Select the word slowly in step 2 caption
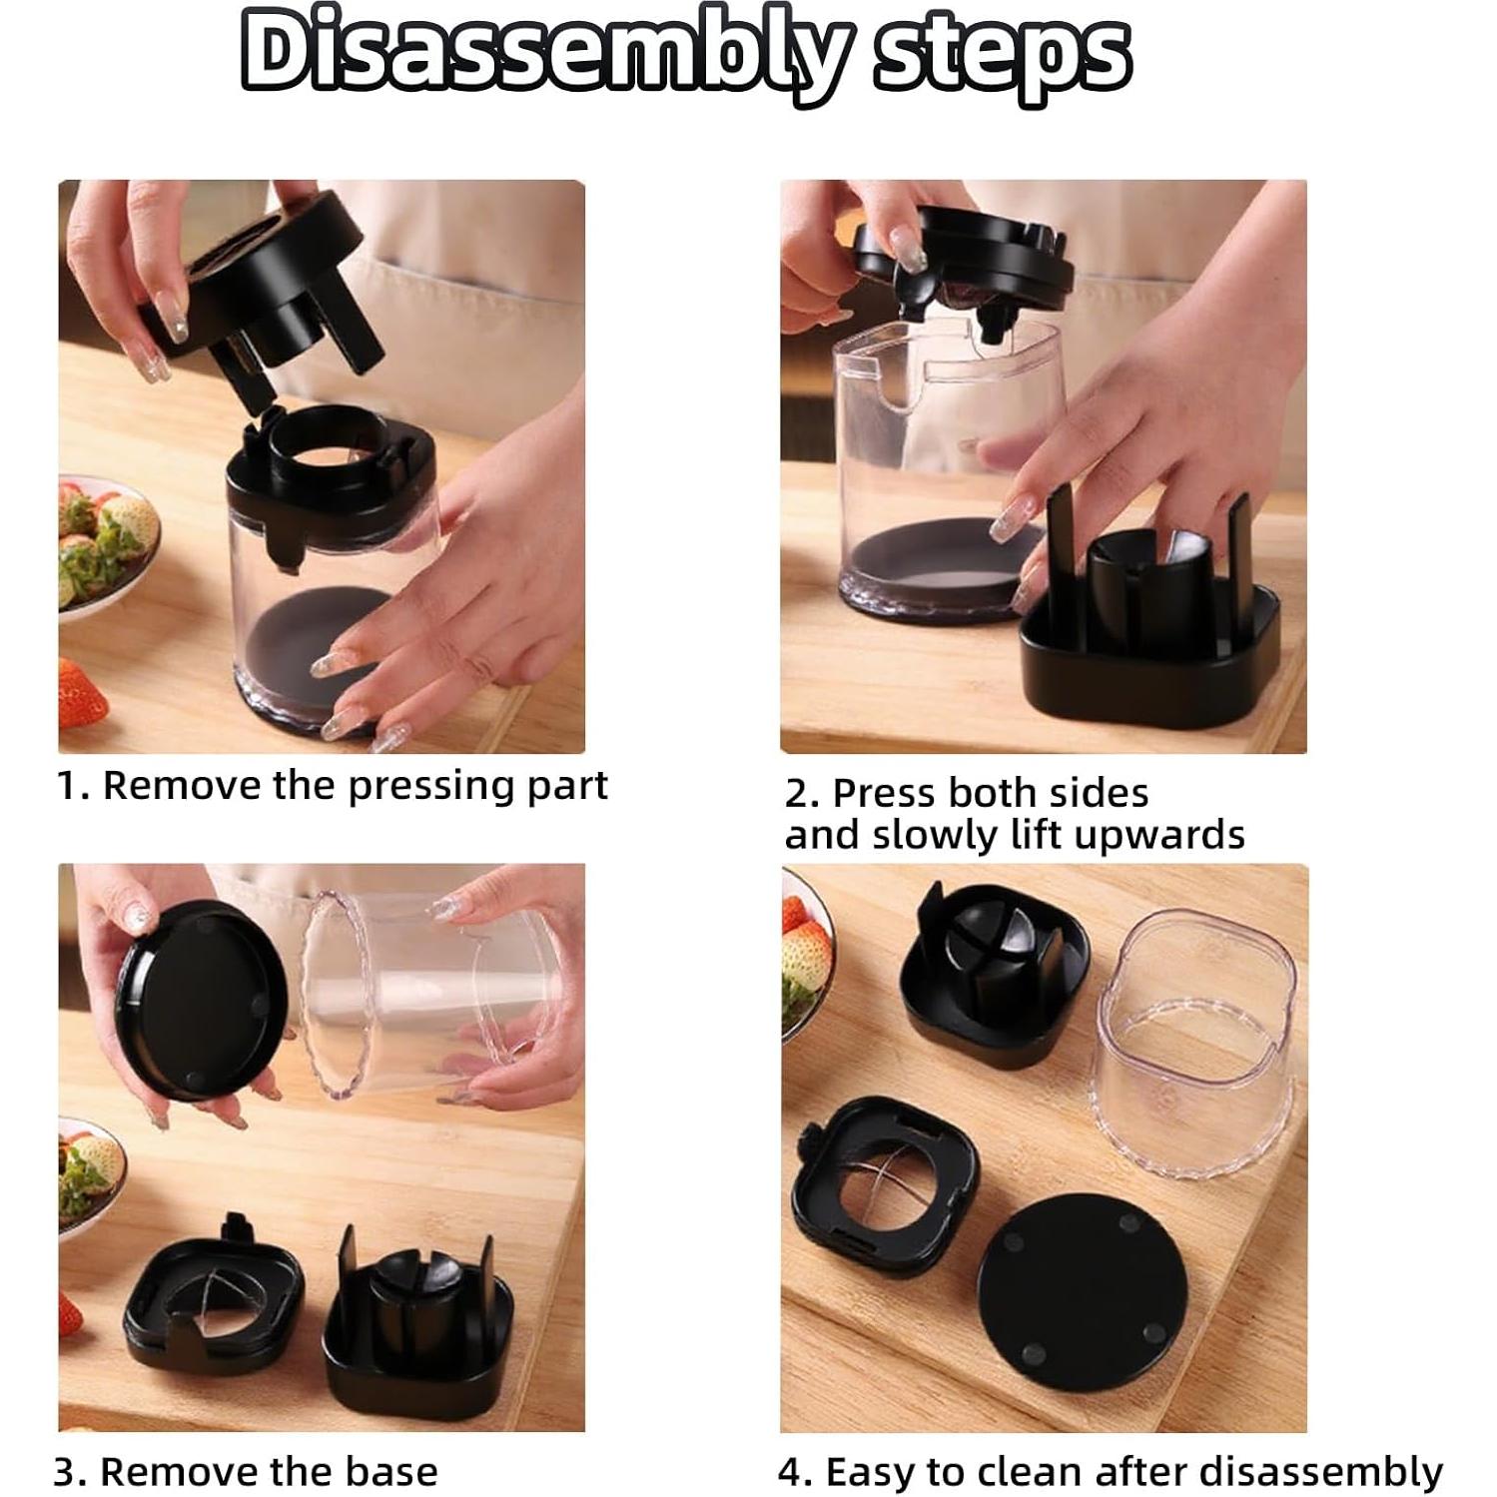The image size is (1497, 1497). (x=935, y=835)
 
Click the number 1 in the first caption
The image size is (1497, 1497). (x=65, y=787)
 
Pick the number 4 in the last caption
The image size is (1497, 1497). (x=789, y=1473)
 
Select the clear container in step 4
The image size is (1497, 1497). (x=1193, y=1044)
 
